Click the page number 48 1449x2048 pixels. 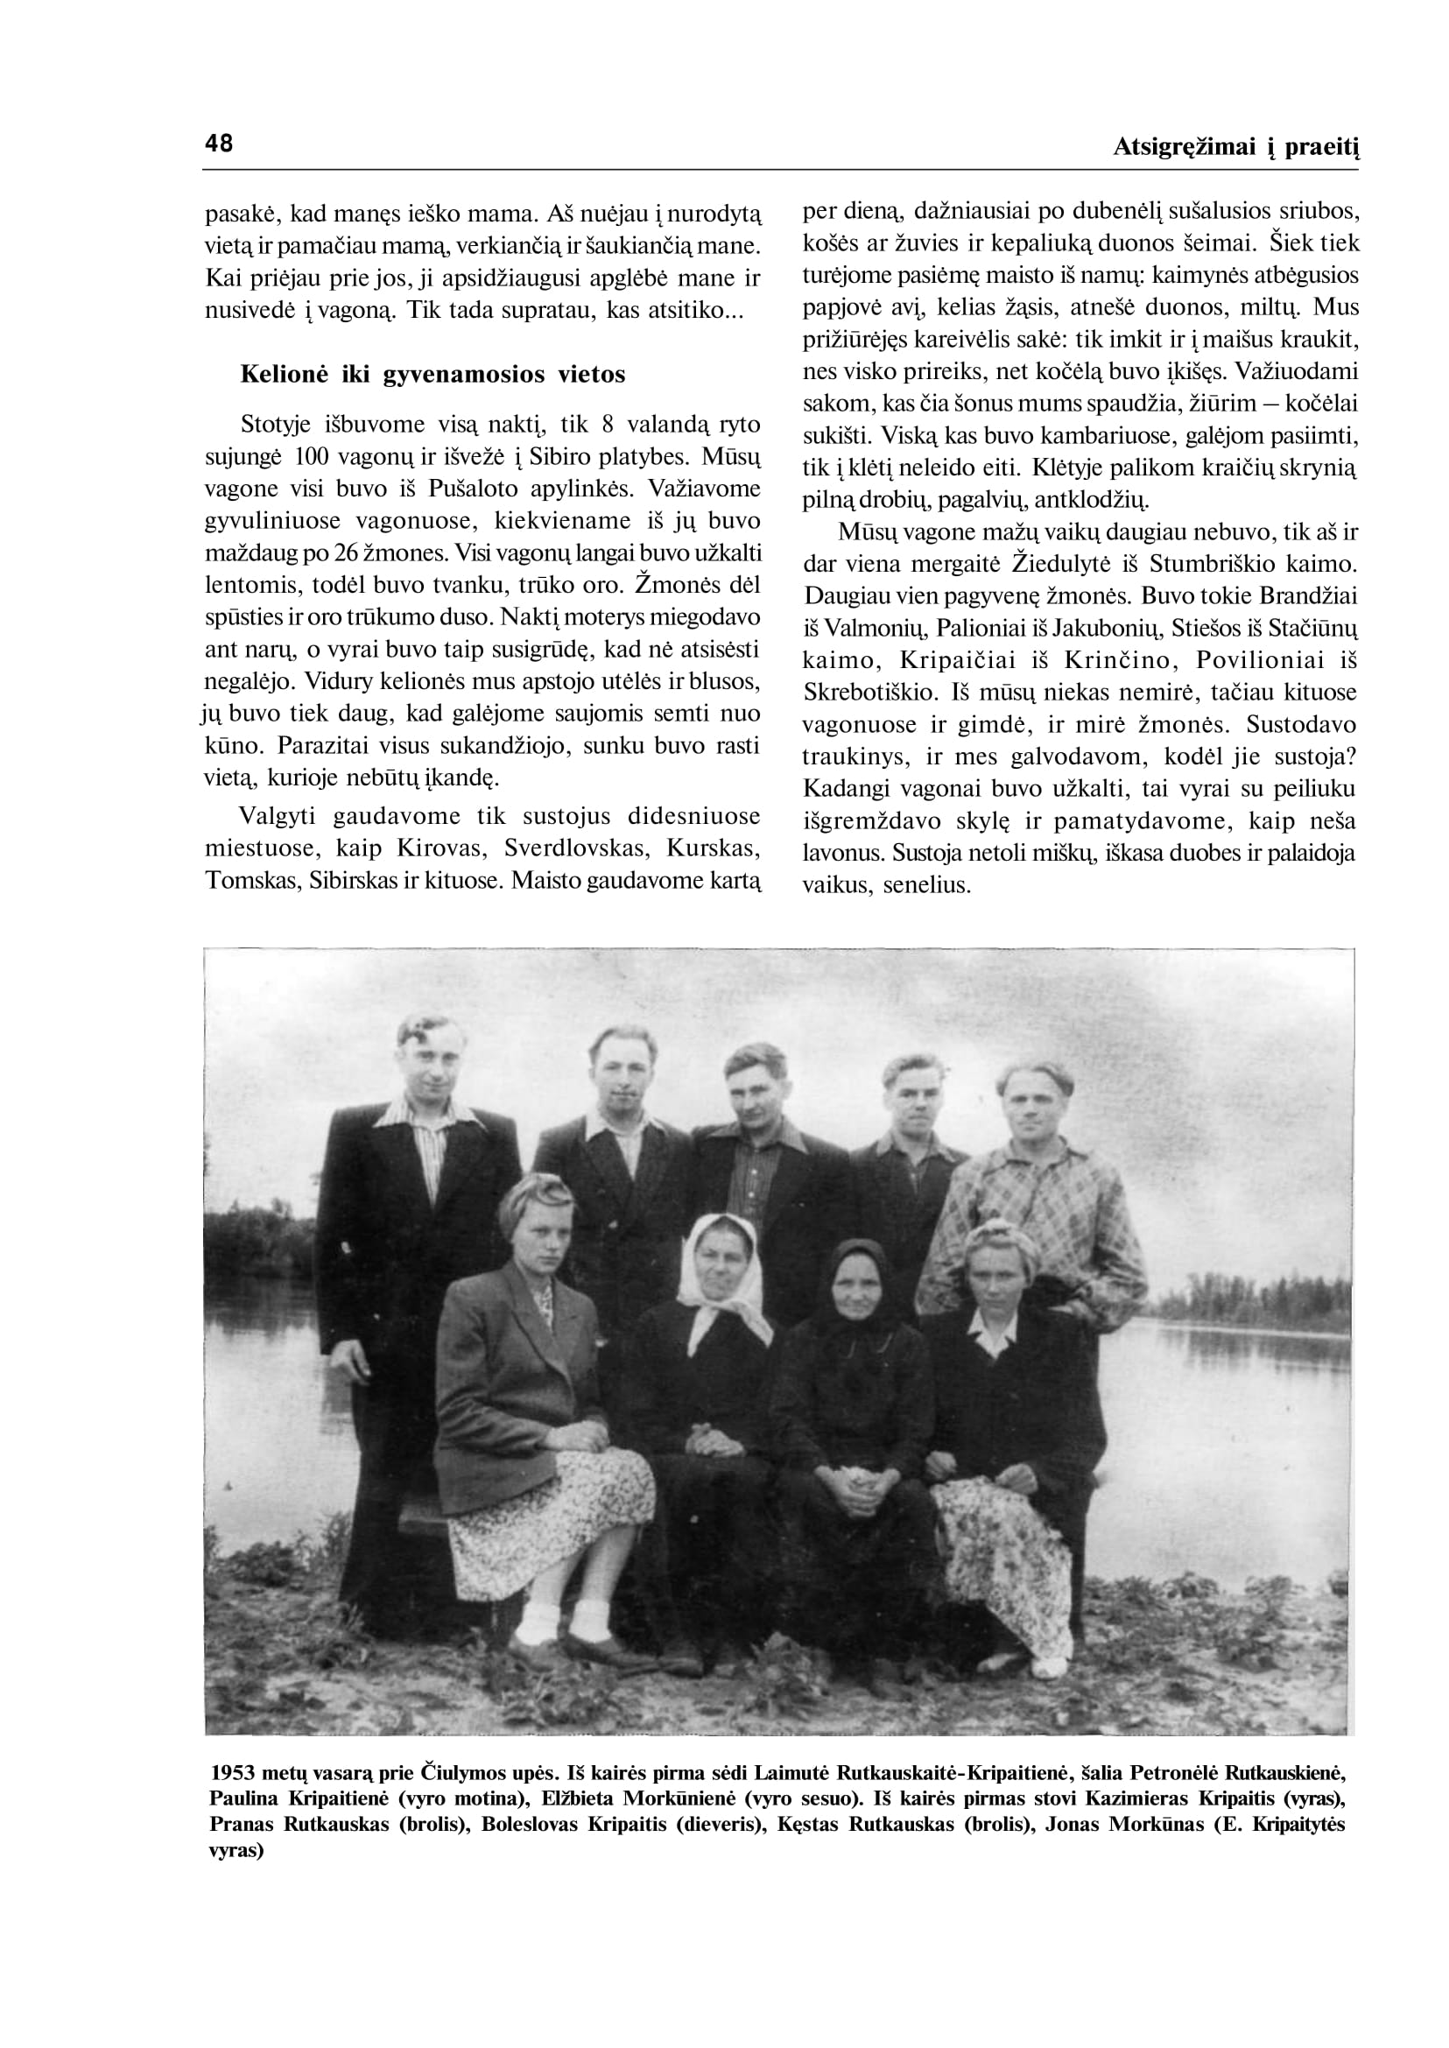point(219,143)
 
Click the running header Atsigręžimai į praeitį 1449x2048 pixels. point(1234,147)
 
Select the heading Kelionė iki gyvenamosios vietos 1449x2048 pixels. point(433,374)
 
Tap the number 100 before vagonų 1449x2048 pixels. point(312,456)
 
